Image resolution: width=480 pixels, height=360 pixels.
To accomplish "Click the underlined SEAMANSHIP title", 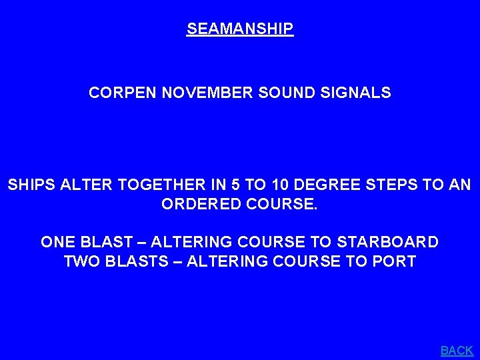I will click(x=240, y=29).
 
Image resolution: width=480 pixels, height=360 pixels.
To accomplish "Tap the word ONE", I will click(x=57, y=241).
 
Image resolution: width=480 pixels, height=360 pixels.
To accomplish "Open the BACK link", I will click(x=457, y=350).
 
